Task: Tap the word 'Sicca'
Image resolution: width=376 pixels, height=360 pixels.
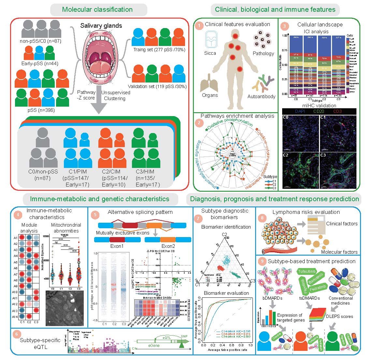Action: click(210, 53)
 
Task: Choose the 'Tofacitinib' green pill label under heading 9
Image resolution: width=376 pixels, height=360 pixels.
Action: click(307, 272)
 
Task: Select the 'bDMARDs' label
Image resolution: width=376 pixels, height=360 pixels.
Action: click(274, 298)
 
